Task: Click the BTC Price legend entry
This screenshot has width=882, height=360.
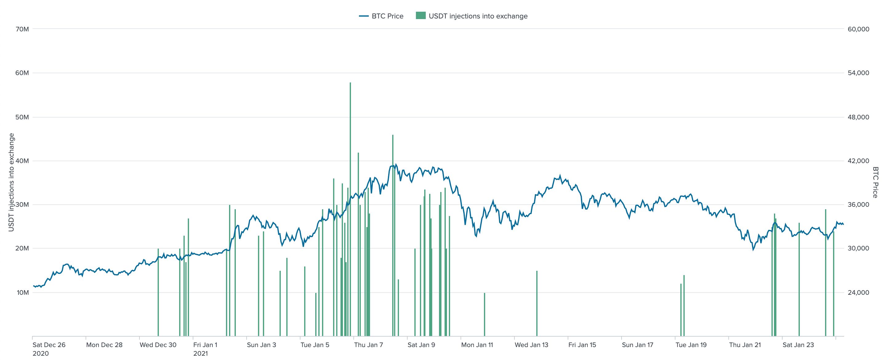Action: pos(381,16)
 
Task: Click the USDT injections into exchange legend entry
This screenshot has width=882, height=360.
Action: pos(472,16)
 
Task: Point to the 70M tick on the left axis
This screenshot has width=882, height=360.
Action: pos(22,29)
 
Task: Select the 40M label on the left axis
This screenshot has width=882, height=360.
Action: pos(22,161)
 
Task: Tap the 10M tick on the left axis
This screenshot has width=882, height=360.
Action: pos(22,293)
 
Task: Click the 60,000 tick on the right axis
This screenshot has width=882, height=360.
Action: pos(858,29)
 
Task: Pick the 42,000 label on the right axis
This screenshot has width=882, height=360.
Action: pos(858,161)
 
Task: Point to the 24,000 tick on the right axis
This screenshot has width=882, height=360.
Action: pos(858,293)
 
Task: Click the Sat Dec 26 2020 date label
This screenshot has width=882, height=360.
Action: pos(49,349)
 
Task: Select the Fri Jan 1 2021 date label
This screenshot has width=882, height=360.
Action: pos(205,349)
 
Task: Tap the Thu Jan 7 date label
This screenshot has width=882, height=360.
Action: pos(369,345)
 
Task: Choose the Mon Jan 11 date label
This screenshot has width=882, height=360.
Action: pos(477,345)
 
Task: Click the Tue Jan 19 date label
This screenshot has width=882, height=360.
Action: pos(691,345)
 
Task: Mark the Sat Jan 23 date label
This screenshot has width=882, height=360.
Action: pos(798,345)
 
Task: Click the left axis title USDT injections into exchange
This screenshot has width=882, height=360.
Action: pos(12,182)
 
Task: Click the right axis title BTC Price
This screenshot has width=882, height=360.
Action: pos(875,182)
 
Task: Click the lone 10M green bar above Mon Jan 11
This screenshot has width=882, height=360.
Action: pos(485,315)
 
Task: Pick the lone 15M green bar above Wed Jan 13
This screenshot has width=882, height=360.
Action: pos(537,304)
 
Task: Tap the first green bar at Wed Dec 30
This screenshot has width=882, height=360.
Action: pos(158,293)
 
